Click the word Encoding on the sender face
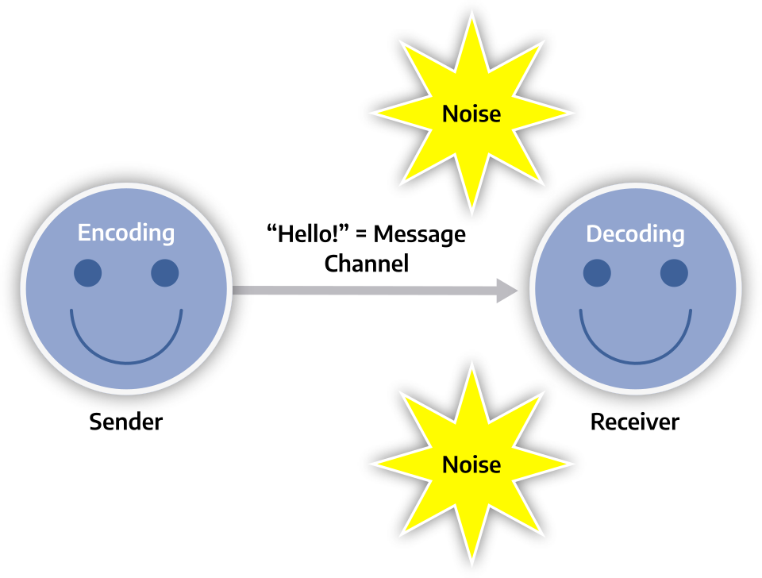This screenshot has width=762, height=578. (x=125, y=233)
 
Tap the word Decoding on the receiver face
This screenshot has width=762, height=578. (x=635, y=234)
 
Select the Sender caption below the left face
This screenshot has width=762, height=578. (x=125, y=421)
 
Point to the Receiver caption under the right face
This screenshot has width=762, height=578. (x=635, y=422)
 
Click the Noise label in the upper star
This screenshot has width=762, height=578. (x=471, y=114)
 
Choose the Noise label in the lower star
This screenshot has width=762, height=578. (x=471, y=464)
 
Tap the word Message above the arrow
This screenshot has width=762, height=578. (x=419, y=235)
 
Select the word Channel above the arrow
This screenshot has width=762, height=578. (x=367, y=264)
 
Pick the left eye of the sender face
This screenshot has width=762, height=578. (x=87, y=272)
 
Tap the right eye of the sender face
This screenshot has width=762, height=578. (x=164, y=272)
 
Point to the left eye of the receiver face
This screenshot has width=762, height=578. (x=597, y=273)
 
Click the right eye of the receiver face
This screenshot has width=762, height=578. (x=674, y=273)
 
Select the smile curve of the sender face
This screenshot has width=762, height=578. (x=125, y=360)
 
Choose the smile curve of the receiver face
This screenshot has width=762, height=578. (x=635, y=361)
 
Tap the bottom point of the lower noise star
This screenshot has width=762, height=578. (x=471, y=562)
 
